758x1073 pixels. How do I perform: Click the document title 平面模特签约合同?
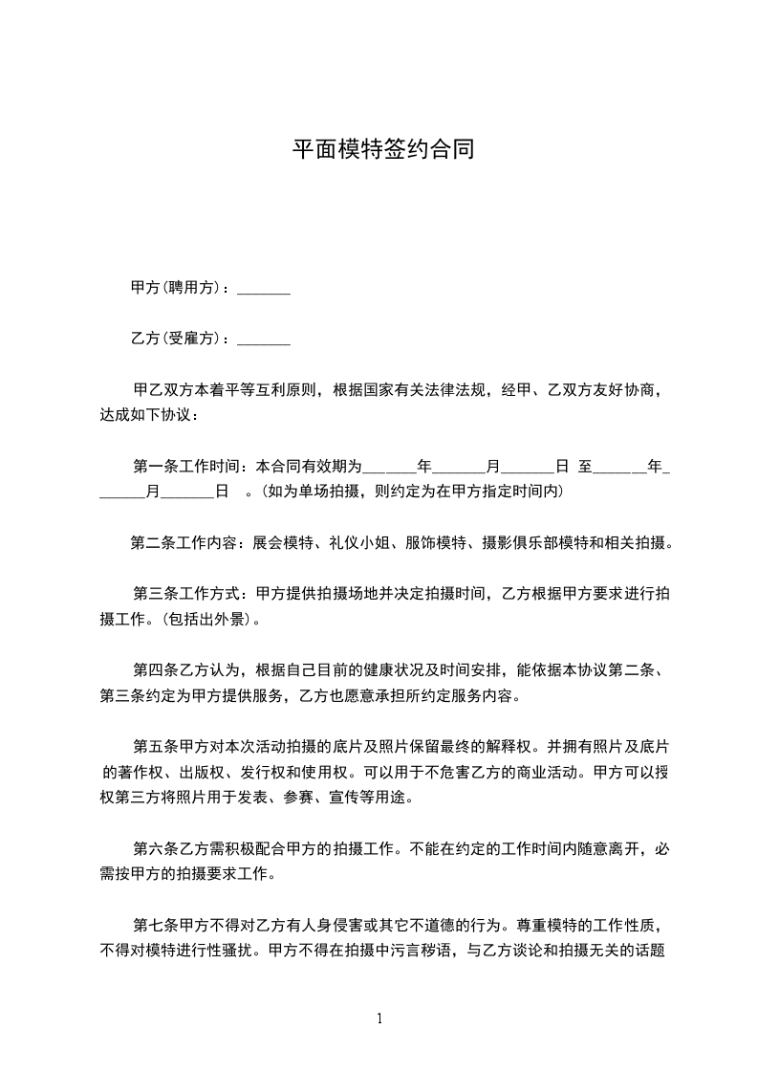coord(382,150)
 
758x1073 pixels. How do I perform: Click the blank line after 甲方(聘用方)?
coord(263,289)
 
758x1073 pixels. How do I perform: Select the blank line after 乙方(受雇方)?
coord(263,339)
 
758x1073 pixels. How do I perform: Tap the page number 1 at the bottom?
coord(379,1018)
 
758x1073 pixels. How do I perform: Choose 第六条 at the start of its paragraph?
coord(153,848)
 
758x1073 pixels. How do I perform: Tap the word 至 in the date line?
coord(584,467)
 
